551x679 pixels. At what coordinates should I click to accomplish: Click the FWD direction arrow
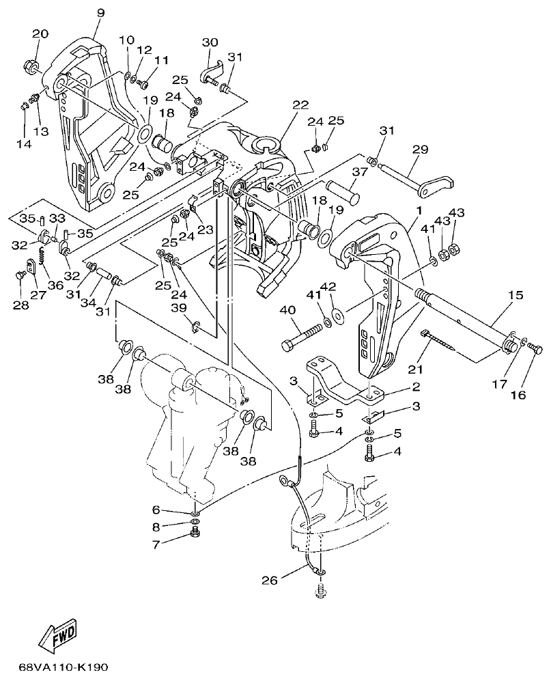click(x=57, y=635)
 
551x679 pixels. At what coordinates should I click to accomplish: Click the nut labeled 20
click(x=31, y=67)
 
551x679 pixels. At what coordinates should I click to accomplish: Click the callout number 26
click(x=271, y=581)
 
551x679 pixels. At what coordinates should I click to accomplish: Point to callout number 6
click(x=156, y=510)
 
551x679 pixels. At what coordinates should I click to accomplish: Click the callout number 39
click(x=179, y=309)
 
